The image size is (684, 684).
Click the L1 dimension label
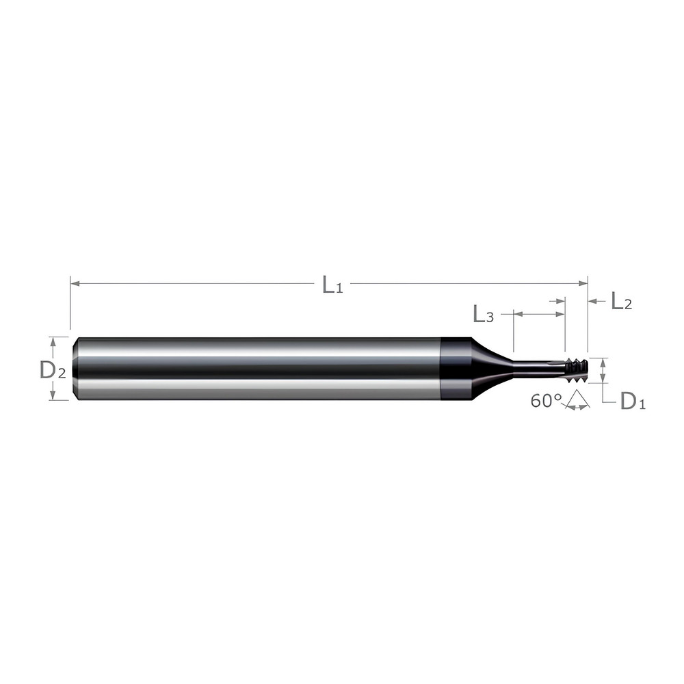click(332, 285)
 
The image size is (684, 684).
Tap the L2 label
click(620, 301)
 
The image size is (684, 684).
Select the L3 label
click(483, 315)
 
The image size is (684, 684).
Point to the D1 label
click(632, 402)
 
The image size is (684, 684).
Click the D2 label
click(53, 370)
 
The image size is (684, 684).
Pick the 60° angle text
click(545, 401)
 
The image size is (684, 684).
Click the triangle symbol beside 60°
click(577, 400)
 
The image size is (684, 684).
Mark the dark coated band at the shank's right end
click(453, 368)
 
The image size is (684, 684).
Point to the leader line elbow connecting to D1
click(603, 402)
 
